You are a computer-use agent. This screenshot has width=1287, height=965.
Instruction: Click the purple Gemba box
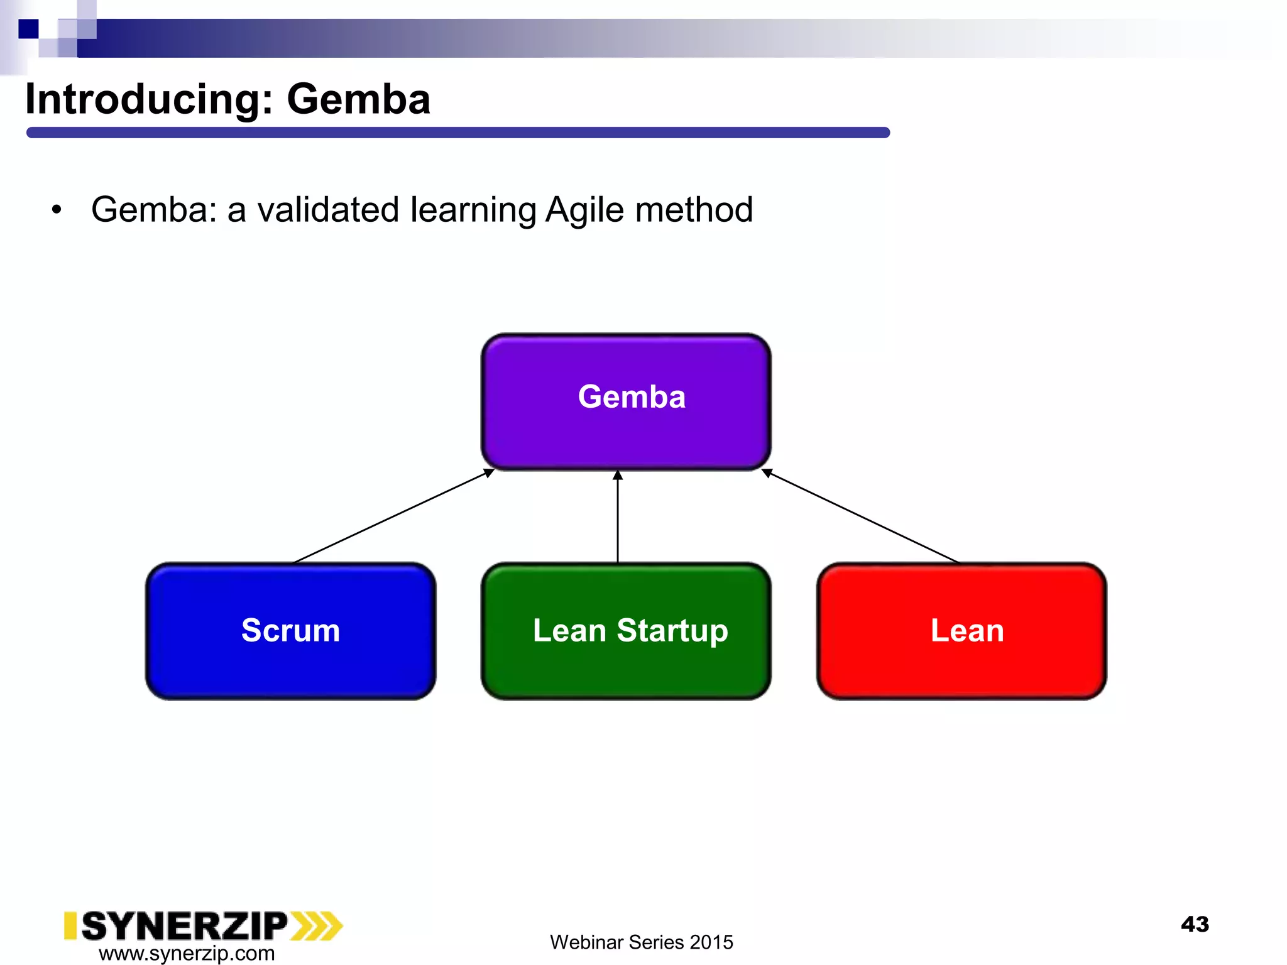click(626, 402)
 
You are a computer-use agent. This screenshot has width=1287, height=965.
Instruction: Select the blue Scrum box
click(290, 631)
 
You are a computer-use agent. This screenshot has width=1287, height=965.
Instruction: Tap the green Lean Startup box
click(626, 631)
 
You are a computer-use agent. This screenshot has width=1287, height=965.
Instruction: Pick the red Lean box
click(961, 631)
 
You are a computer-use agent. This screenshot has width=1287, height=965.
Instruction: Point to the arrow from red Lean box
click(861, 516)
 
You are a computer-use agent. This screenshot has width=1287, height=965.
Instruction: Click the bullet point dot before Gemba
click(57, 210)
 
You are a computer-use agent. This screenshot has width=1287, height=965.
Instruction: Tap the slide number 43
click(1195, 924)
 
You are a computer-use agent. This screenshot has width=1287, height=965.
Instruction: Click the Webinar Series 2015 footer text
click(641, 942)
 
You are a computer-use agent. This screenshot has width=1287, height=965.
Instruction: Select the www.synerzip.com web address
click(187, 953)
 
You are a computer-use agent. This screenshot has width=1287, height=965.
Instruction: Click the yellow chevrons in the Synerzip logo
click(317, 926)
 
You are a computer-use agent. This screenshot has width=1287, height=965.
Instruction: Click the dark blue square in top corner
click(28, 29)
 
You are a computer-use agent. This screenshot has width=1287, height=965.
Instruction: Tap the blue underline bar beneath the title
click(457, 133)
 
